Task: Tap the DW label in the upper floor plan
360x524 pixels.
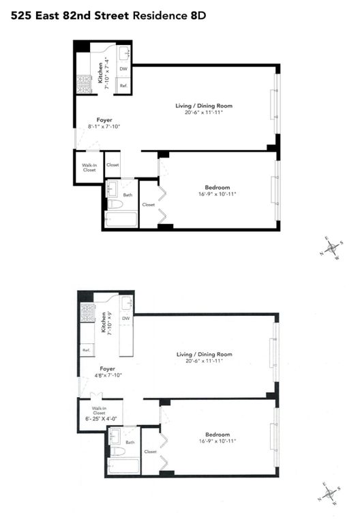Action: pos(123,69)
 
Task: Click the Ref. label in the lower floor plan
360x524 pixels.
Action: pos(87,351)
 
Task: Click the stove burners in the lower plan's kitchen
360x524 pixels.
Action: pos(88,312)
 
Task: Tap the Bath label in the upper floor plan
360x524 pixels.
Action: pos(127,195)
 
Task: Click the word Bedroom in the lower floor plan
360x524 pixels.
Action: pos(217,435)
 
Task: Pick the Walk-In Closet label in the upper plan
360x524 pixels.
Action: pos(89,167)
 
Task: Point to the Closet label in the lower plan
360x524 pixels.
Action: pos(150,452)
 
